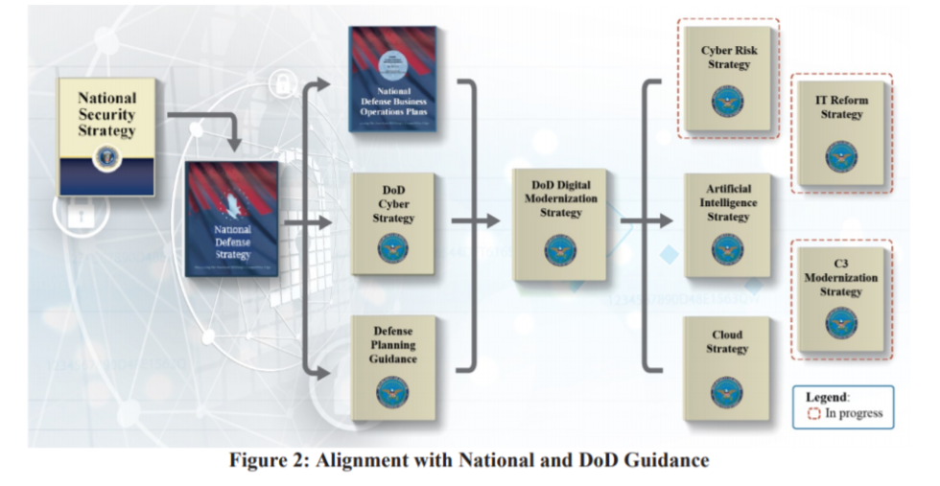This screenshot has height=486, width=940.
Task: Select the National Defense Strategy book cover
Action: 231,219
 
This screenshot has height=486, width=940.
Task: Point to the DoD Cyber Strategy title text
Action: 393,204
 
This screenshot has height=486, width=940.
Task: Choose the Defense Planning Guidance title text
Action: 393,344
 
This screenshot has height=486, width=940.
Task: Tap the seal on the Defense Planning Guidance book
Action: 393,390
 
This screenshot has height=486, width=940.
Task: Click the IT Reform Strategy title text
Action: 841,106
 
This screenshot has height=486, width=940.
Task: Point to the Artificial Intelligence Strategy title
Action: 728,203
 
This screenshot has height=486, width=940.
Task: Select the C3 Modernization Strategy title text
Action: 841,277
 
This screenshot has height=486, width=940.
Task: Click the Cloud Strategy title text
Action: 727,342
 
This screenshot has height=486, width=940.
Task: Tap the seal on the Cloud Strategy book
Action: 727,391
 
